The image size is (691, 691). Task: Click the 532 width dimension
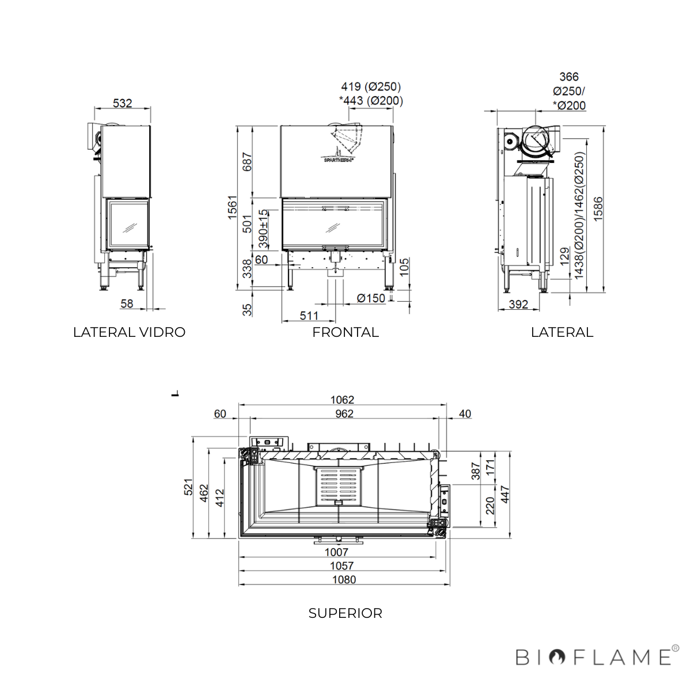click(122, 103)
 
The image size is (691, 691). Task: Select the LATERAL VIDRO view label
click(129, 332)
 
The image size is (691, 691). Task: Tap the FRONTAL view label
click(345, 332)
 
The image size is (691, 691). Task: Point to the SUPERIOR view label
click(345, 613)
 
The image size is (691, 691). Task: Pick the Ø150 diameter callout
click(371, 298)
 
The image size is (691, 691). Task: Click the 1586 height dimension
click(598, 208)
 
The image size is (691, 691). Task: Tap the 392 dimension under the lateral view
click(518, 305)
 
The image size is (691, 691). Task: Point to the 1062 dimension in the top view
click(342, 400)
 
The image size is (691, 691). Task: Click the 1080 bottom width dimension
click(344, 580)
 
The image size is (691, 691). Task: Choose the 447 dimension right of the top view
click(505, 495)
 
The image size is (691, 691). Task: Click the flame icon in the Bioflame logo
click(557, 657)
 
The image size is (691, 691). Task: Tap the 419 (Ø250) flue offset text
click(371, 86)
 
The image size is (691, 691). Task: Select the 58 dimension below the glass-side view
click(127, 303)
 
